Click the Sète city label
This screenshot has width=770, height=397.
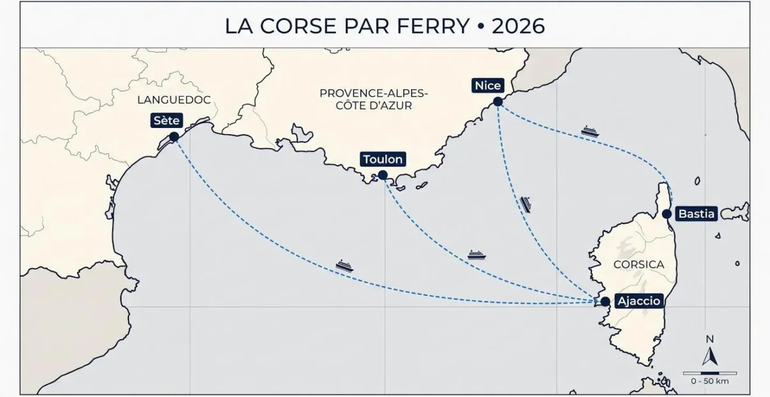[166, 121]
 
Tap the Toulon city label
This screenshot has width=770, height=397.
[383, 159]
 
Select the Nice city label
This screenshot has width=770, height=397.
[488, 86]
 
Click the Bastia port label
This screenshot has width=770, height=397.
[696, 214]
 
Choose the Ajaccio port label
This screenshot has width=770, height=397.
[638, 301]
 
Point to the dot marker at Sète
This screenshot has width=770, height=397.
[174, 137]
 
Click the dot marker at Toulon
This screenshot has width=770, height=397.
[383, 175]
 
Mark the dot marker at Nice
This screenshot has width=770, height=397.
[498, 102]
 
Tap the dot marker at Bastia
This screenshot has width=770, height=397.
[667, 214]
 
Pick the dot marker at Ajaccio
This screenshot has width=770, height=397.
[605, 301]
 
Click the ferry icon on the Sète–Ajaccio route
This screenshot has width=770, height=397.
[345, 266]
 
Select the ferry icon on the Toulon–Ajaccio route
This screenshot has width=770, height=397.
[477, 255]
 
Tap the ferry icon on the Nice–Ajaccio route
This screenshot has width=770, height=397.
[526, 204]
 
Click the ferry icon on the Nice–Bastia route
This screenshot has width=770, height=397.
[590, 131]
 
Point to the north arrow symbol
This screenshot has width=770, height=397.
[709, 355]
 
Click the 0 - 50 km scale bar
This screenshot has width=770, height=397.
[709, 373]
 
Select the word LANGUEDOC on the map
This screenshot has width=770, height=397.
[173, 100]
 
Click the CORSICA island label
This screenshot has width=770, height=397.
[639, 264]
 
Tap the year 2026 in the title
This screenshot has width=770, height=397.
[518, 26]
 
